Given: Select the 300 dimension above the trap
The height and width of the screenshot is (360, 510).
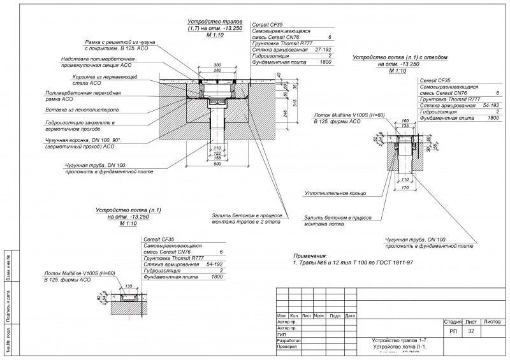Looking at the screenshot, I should click(218, 65).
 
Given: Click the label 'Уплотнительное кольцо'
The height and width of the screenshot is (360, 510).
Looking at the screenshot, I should click(335, 191).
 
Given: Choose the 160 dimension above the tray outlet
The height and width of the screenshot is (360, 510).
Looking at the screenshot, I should click(404, 120).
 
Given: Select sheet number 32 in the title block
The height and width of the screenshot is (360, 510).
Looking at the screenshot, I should click(471, 331).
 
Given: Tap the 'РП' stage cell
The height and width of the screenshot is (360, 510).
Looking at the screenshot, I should click(453, 331).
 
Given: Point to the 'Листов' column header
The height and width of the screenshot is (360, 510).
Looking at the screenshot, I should click(493, 322).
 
